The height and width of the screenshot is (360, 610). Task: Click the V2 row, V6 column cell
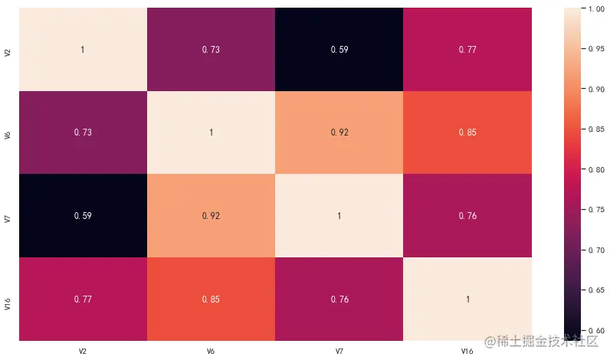211,49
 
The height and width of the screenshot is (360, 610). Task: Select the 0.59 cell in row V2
339,49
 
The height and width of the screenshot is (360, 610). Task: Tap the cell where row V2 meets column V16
467,49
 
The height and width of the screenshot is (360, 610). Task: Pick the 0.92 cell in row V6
339,133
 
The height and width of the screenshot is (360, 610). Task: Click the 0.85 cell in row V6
467,133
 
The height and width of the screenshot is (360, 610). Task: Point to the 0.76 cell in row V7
467,216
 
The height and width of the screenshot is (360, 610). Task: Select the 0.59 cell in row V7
83,216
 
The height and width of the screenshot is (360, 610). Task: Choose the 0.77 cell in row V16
83,299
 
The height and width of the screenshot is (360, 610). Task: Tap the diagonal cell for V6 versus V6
211,133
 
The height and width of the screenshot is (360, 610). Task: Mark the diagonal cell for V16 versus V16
467,299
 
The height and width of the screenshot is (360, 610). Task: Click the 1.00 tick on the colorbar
594,8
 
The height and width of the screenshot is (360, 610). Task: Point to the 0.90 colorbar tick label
594,89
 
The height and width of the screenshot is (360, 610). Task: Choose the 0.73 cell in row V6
83,133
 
